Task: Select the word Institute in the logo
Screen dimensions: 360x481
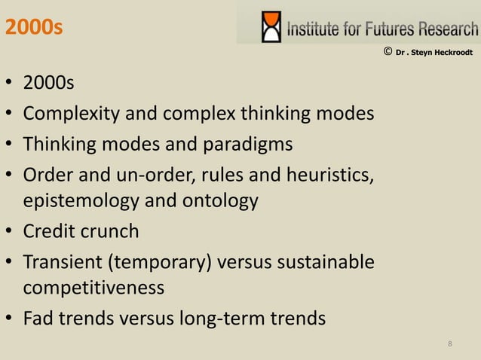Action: (x=312, y=29)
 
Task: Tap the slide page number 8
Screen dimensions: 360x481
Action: (x=450, y=344)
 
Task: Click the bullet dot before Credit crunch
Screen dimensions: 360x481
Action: (x=9, y=231)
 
